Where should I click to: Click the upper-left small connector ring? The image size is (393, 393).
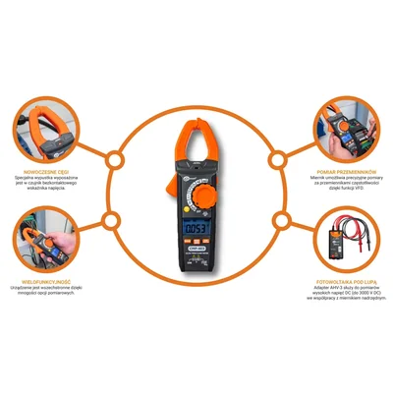point(113,158)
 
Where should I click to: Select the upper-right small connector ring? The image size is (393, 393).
point(279,158)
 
